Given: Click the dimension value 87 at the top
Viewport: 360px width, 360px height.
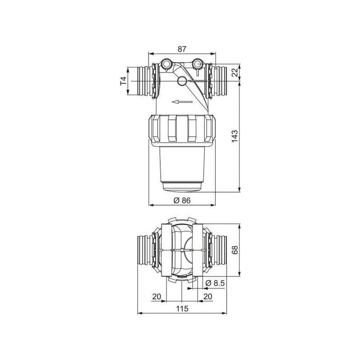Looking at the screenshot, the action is (x=182, y=49).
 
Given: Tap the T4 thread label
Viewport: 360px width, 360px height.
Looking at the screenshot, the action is (x=123, y=81).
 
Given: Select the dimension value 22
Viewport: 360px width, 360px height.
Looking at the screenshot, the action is (x=234, y=72).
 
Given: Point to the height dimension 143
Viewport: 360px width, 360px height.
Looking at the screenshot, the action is (x=234, y=136).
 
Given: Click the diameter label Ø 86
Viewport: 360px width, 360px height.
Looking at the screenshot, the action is (x=182, y=200).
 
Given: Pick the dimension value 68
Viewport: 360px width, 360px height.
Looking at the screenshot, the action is (x=234, y=250).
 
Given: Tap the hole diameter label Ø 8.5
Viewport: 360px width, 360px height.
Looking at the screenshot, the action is (x=215, y=283).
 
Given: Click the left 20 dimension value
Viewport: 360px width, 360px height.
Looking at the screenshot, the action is (x=157, y=297).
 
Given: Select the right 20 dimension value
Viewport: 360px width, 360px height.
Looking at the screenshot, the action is (x=207, y=297).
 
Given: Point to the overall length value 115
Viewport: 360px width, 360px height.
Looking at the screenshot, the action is (x=182, y=309).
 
